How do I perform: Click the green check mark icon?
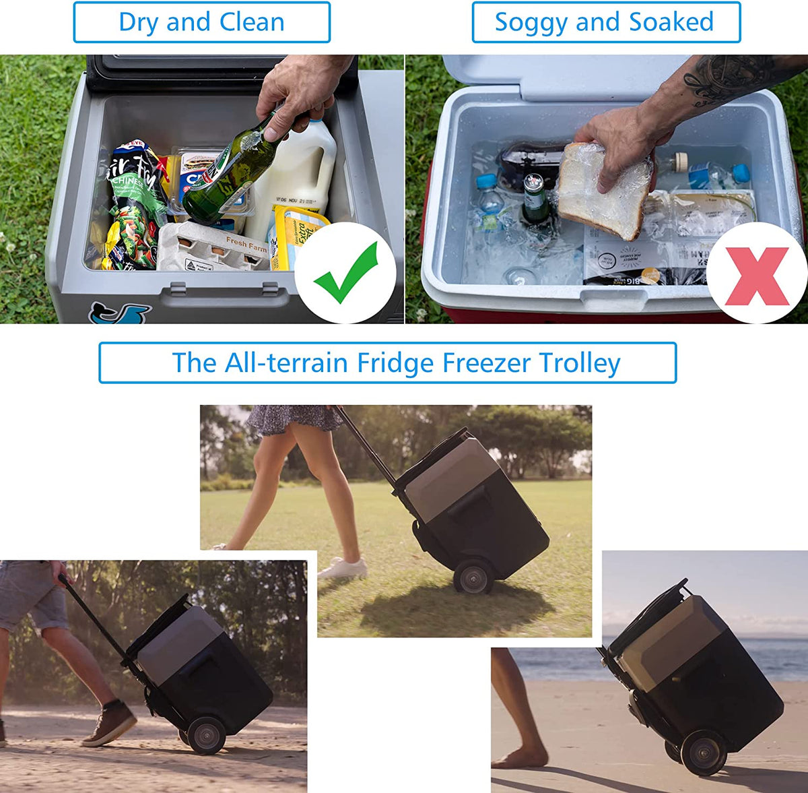(x=346, y=272)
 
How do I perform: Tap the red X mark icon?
(x=757, y=276)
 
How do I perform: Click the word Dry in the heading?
(x=139, y=22)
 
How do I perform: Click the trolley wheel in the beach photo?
(x=704, y=752)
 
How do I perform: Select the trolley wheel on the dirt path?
(x=206, y=734)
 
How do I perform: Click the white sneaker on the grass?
(x=343, y=568)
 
